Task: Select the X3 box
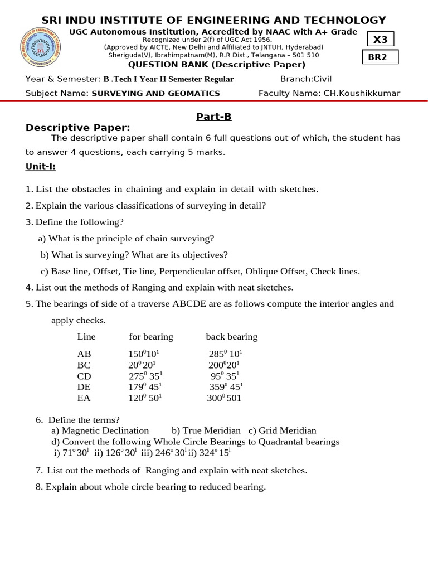[x=380, y=40]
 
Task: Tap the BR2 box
[x=377, y=57]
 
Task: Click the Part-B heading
[x=213, y=117]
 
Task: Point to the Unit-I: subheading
[x=41, y=166]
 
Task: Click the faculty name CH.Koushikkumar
[x=362, y=93]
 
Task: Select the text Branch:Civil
[x=306, y=79]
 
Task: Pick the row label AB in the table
[x=84, y=354]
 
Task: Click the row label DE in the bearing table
[x=84, y=387]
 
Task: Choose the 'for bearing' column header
[x=151, y=337]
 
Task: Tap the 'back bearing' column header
[x=232, y=337]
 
